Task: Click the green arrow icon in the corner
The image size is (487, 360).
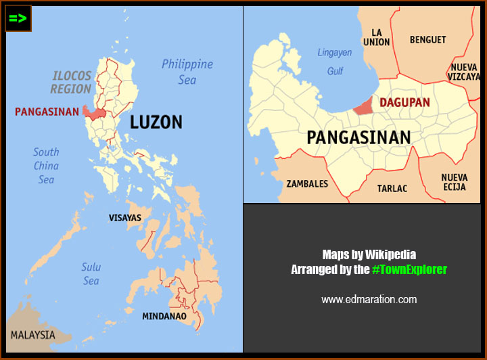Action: coord(18,18)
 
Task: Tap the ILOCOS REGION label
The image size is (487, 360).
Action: coord(72,82)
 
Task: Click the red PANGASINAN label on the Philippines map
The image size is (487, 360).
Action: coord(47,112)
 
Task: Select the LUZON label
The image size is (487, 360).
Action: coord(156,122)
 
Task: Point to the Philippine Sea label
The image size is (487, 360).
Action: coord(187,72)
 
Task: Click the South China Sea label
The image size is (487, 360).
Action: coord(46,166)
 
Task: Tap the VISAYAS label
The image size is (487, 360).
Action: coord(125,218)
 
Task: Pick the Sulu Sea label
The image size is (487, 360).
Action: coord(91,274)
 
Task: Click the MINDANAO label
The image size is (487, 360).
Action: coord(164,316)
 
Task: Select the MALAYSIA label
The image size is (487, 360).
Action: coord(32,335)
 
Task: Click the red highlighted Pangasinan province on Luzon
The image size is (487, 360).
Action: coord(95,114)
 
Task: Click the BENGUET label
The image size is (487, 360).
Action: coord(427,40)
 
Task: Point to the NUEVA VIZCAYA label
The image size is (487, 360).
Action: coord(464,72)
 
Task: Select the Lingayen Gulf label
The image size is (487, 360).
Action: coord(335,62)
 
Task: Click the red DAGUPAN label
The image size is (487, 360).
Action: coord(404,103)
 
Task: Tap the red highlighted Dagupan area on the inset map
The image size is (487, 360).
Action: coord(363,106)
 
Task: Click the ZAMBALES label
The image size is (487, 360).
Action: coord(307,183)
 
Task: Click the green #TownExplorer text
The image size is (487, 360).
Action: coord(409,269)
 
